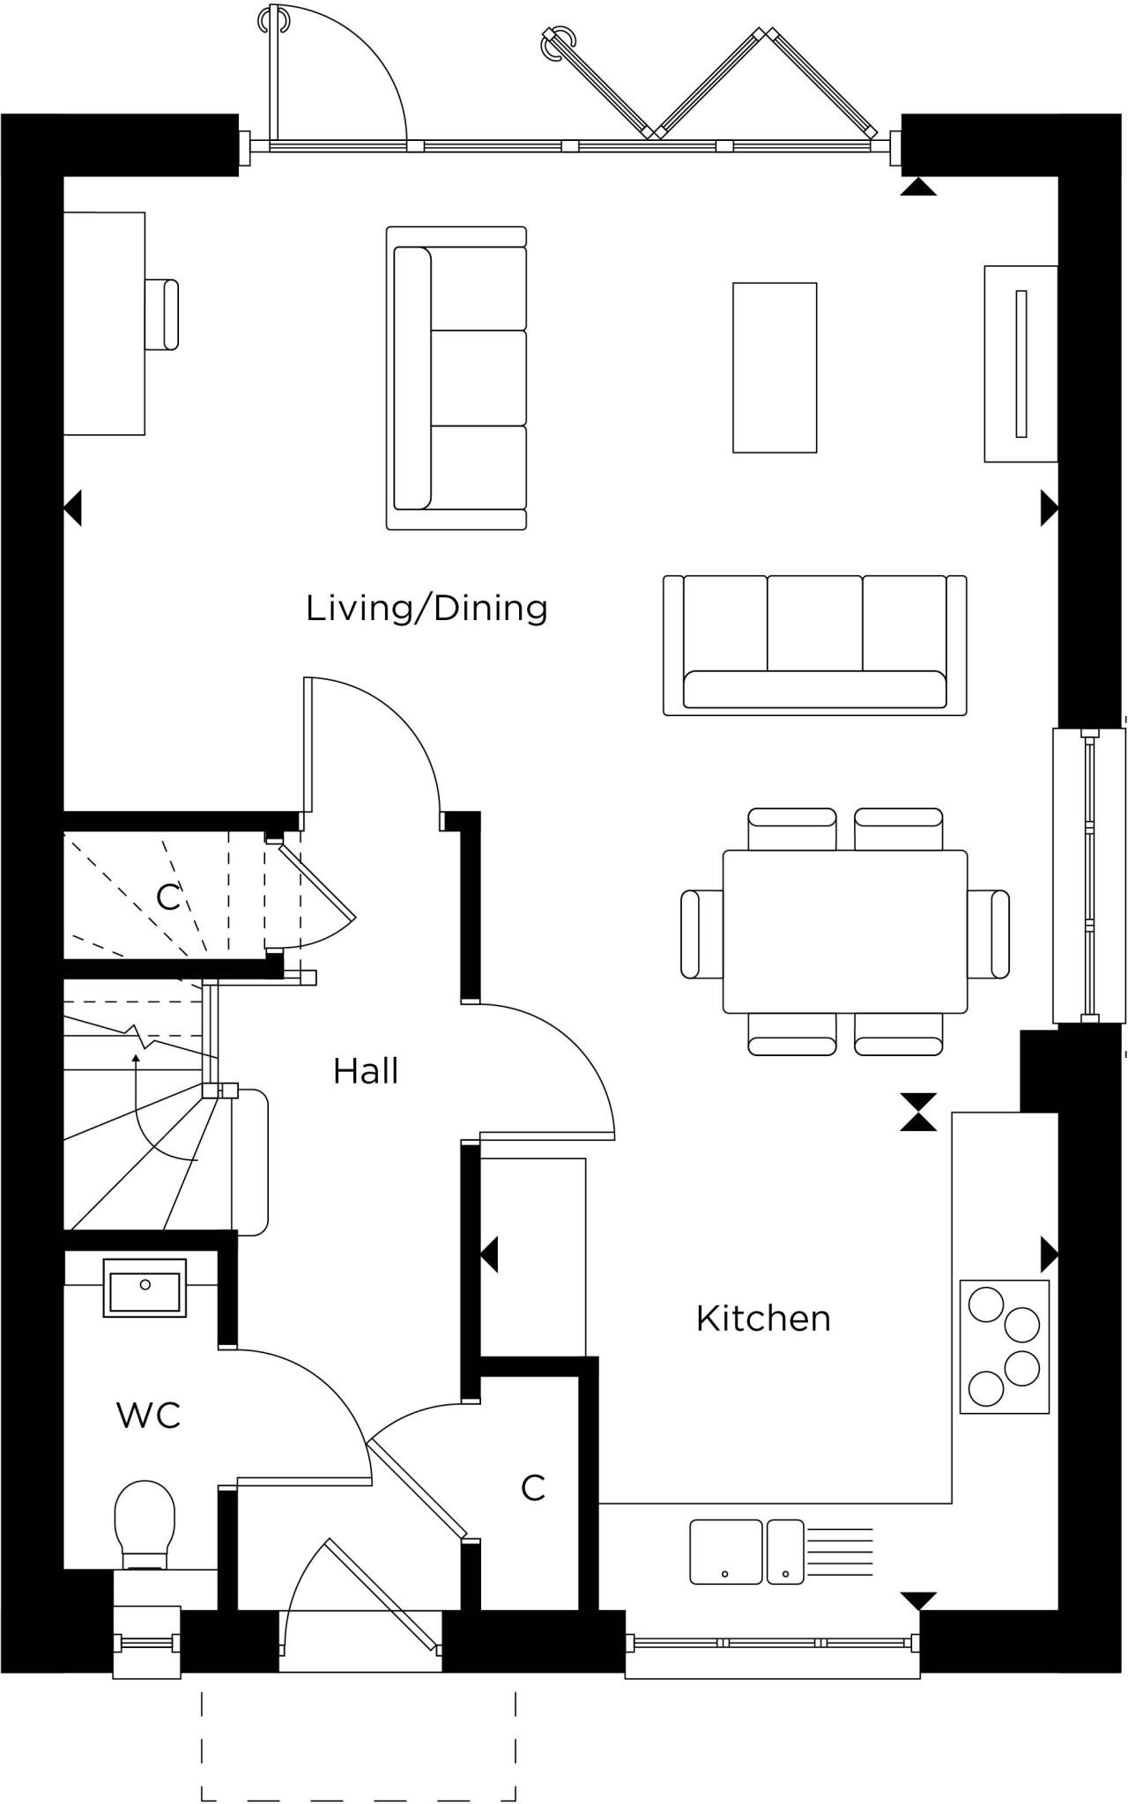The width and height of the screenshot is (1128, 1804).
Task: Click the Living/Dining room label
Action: pyautogui.click(x=427, y=609)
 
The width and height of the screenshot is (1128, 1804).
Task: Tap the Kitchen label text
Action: pyautogui.click(x=763, y=1319)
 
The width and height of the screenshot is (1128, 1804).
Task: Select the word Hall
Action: pyautogui.click(x=366, y=1071)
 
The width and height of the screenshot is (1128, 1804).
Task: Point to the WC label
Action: pyautogui.click(x=148, y=1416)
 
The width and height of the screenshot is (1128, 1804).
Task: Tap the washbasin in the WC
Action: pyautogui.click(x=145, y=1288)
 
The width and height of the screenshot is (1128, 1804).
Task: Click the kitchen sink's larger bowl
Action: pyautogui.click(x=725, y=1551)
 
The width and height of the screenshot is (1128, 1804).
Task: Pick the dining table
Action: pyautogui.click(x=844, y=931)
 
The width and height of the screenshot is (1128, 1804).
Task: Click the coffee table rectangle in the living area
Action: pyautogui.click(x=775, y=367)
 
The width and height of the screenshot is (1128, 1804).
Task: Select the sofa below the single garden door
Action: pyautogui.click(x=456, y=378)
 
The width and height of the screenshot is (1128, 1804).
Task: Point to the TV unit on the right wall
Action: pyautogui.click(x=1020, y=364)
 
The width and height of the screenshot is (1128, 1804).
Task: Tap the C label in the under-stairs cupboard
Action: pyautogui.click(x=167, y=898)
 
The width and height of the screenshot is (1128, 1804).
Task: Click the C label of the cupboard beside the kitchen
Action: pyautogui.click(x=533, y=1488)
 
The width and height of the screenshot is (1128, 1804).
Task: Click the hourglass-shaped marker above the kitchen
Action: pyautogui.click(x=917, y=1112)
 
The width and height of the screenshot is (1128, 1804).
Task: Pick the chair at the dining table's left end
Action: pyautogui.click(x=701, y=934)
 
